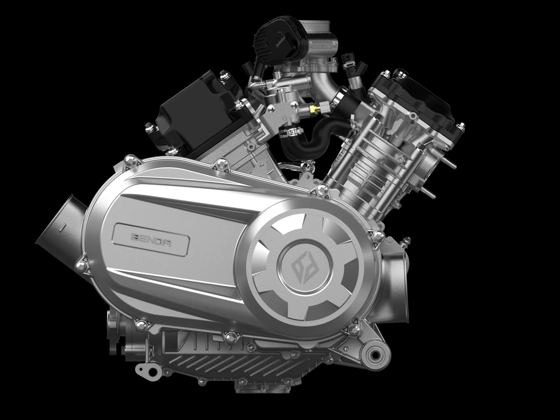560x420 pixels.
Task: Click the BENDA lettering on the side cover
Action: [151, 236]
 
